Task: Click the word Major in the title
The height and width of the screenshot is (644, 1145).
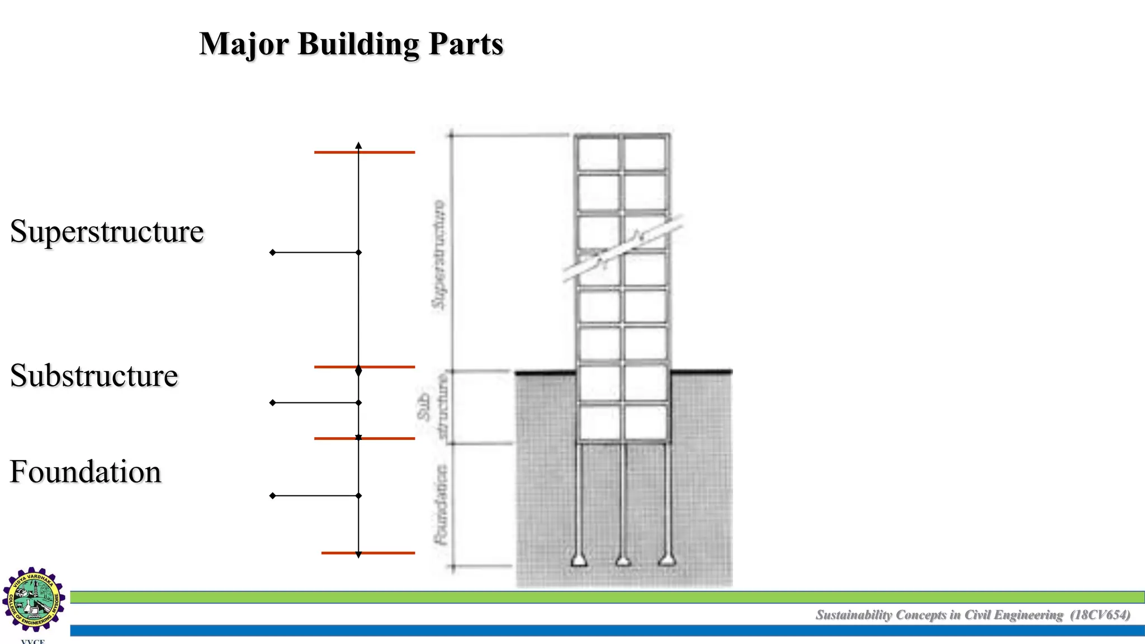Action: [x=244, y=44]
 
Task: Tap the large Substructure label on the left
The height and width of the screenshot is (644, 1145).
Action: [x=94, y=375]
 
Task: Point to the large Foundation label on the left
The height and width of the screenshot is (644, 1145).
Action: [x=86, y=471]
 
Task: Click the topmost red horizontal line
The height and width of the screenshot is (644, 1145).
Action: [x=364, y=152]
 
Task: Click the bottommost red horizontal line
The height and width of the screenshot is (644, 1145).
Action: [x=368, y=553]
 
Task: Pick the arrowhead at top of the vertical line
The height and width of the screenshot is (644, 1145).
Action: [x=358, y=145]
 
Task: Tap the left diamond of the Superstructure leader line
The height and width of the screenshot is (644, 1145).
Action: [x=273, y=253]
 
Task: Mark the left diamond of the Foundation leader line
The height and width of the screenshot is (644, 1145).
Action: [x=273, y=496]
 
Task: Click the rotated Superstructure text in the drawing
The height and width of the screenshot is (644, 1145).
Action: [x=439, y=254]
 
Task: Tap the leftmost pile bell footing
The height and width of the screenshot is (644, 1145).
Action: [x=579, y=560]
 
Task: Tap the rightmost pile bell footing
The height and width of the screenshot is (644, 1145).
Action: [x=666, y=559]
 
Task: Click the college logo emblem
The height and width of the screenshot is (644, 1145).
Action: [x=34, y=599]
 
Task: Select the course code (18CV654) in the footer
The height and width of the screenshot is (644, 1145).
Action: [x=1100, y=615]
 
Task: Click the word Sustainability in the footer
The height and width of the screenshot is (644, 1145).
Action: [x=854, y=615]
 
